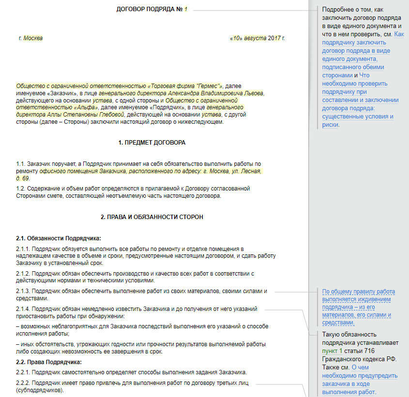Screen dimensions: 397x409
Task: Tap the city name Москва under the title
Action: pos(33,38)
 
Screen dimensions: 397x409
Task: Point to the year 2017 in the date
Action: pos(274,38)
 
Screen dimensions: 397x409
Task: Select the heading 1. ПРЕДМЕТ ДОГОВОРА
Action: pos(151,143)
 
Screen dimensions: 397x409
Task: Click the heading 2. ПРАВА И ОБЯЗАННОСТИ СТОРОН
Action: pos(151,217)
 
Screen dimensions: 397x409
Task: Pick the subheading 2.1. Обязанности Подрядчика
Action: pos(59,238)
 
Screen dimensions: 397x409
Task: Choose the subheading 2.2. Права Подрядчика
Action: pos(49,362)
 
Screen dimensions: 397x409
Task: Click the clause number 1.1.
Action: pos(20,164)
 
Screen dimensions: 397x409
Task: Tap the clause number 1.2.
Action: pos(20,188)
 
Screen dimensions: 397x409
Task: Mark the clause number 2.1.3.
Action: pos(23,291)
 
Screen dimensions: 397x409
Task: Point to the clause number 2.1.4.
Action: pos(23,309)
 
